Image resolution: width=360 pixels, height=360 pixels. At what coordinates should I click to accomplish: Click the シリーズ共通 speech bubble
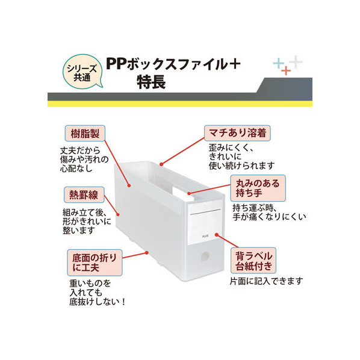click(x=82, y=72)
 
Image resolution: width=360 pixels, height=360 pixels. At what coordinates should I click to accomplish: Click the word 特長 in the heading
click(x=151, y=82)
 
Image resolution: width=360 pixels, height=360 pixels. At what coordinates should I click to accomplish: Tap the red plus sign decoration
click(x=286, y=70)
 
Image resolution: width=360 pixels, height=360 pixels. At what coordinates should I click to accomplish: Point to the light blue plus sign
click(x=279, y=63)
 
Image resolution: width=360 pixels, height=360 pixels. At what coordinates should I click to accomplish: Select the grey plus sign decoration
click(x=296, y=62)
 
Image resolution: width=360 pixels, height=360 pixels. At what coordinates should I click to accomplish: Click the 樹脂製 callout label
click(x=85, y=133)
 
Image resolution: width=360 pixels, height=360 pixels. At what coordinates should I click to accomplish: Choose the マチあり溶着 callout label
click(x=237, y=133)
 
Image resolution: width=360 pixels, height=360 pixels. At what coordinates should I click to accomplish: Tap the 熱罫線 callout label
click(x=84, y=194)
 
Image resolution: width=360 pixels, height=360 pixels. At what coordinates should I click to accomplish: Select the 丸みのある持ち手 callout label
click(x=258, y=188)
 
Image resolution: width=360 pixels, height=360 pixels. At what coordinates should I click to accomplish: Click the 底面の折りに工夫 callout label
click(x=95, y=262)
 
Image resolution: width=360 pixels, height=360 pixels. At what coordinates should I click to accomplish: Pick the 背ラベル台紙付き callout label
click(x=253, y=261)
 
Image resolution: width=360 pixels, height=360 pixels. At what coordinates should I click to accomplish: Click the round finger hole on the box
click(x=205, y=256)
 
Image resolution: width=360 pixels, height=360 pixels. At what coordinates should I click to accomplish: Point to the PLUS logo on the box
click(x=205, y=236)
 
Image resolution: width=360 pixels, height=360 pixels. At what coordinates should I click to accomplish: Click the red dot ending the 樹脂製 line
click(x=129, y=185)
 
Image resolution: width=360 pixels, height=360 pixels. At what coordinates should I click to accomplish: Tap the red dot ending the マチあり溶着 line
click(x=161, y=164)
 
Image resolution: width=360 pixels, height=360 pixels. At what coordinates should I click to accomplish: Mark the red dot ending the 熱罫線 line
click(x=118, y=214)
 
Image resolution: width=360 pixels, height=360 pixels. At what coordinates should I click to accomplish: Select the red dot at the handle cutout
click(x=189, y=193)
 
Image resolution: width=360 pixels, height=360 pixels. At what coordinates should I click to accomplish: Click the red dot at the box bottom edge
click(x=146, y=253)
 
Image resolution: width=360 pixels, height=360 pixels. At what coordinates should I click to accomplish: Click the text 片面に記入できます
click(x=266, y=281)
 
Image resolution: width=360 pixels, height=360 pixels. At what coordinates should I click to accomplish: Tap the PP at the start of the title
click(x=116, y=64)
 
